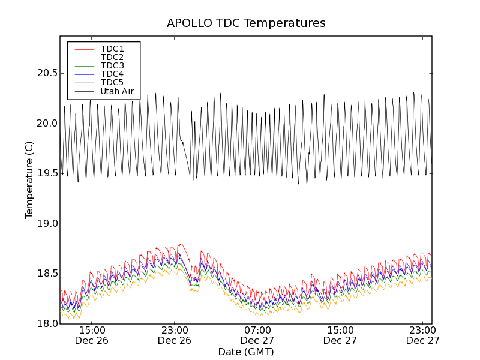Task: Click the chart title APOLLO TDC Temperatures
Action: (246, 23)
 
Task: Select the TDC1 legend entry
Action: (112, 49)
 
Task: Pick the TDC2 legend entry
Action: (112, 57)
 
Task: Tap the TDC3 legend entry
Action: (112, 65)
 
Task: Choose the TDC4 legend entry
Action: (112, 74)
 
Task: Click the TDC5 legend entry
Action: (112, 82)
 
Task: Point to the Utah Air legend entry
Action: (117, 91)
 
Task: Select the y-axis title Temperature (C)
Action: (29, 180)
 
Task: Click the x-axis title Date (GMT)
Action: (246, 352)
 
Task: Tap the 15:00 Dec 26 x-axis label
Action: (92, 335)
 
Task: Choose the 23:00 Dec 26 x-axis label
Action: (175, 335)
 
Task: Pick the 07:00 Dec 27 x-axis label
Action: (257, 335)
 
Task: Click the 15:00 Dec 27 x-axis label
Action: (340, 335)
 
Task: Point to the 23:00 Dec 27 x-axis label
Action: (423, 335)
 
